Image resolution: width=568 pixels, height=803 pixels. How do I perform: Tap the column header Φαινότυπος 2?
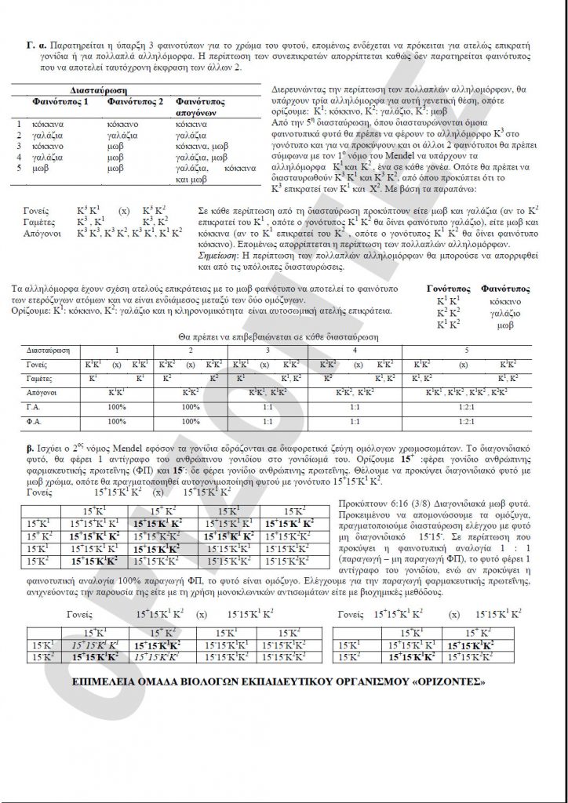pyautogui.click(x=137, y=103)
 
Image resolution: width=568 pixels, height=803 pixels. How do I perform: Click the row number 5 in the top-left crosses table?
pyautogui.click(x=20, y=169)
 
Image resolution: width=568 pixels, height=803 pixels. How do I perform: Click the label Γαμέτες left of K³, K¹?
pyautogui.click(x=40, y=223)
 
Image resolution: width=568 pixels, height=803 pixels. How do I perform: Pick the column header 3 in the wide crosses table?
pyautogui.click(x=268, y=350)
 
